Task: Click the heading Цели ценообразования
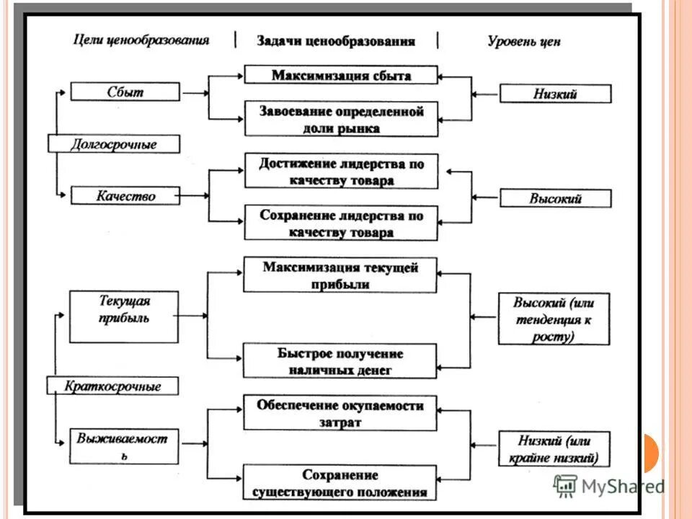(141, 40)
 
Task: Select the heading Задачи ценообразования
(336, 41)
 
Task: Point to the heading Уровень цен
(524, 41)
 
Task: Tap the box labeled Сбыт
(125, 92)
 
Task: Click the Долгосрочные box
(113, 144)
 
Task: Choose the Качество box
(125, 195)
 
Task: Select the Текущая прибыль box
(124, 316)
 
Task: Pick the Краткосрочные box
(113, 386)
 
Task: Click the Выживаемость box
(124, 447)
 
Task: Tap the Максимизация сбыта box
(341, 75)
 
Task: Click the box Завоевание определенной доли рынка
(341, 120)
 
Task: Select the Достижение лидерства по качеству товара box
(341, 172)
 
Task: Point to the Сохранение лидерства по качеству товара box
(341, 223)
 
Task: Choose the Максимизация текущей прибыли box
(340, 275)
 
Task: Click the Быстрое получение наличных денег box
(340, 361)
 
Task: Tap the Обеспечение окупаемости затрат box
(340, 413)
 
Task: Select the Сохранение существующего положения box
(340, 483)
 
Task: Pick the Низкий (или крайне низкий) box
(554, 448)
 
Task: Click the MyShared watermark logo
(608, 486)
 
